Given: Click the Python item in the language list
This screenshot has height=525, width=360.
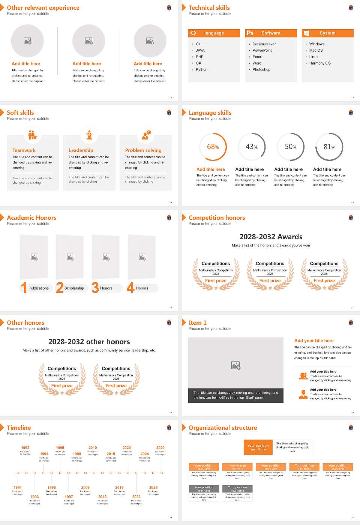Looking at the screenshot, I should pyautogui.click(x=201, y=70).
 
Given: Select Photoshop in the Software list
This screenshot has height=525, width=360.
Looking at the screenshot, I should pyautogui.click(x=261, y=70).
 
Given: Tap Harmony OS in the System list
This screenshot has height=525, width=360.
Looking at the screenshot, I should pyautogui.click(x=320, y=63).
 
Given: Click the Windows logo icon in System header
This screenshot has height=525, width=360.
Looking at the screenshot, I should pyautogui.click(x=306, y=33).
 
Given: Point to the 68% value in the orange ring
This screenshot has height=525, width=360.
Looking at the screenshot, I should pyautogui.click(x=213, y=147).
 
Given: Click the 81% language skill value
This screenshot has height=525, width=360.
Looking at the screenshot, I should pyautogui.click(x=329, y=147).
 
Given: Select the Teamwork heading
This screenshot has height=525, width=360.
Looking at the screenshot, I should pyautogui.click(x=24, y=150).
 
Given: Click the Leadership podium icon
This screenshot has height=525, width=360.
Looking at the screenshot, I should pyautogui.click(x=89, y=135).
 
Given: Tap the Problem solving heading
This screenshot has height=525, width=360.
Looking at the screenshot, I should pyautogui.click(x=143, y=150).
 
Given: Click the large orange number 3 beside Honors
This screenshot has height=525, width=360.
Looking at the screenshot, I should pyautogui.click(x=95, y=288).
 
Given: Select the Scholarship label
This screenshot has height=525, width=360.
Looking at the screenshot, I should pyautogui.click(x=74, y=288).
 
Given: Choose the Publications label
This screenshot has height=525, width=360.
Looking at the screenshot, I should pyautogui.click(x=39, y=288).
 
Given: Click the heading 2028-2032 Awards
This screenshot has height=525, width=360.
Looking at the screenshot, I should pyautogui.click(x=271, y=237).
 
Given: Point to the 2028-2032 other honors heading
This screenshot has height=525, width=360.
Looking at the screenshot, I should pyautogui.click(x=89, y=342).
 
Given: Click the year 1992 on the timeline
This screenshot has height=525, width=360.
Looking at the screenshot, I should pyautogui.click(x=25, y=448).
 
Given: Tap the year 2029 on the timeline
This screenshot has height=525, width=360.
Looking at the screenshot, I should pyautogui.click(x=160, y=448).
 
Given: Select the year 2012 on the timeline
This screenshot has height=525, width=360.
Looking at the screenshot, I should pyautogui.click(x=102, y=497).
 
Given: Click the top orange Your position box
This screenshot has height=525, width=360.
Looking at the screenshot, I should pyautogui.click(x=258, y=447).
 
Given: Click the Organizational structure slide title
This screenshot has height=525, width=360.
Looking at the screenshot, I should pyautogui.click(x=223, y=428).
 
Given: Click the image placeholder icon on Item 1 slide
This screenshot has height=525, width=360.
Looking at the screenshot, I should pyautogui.click(x=236, y=365).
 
